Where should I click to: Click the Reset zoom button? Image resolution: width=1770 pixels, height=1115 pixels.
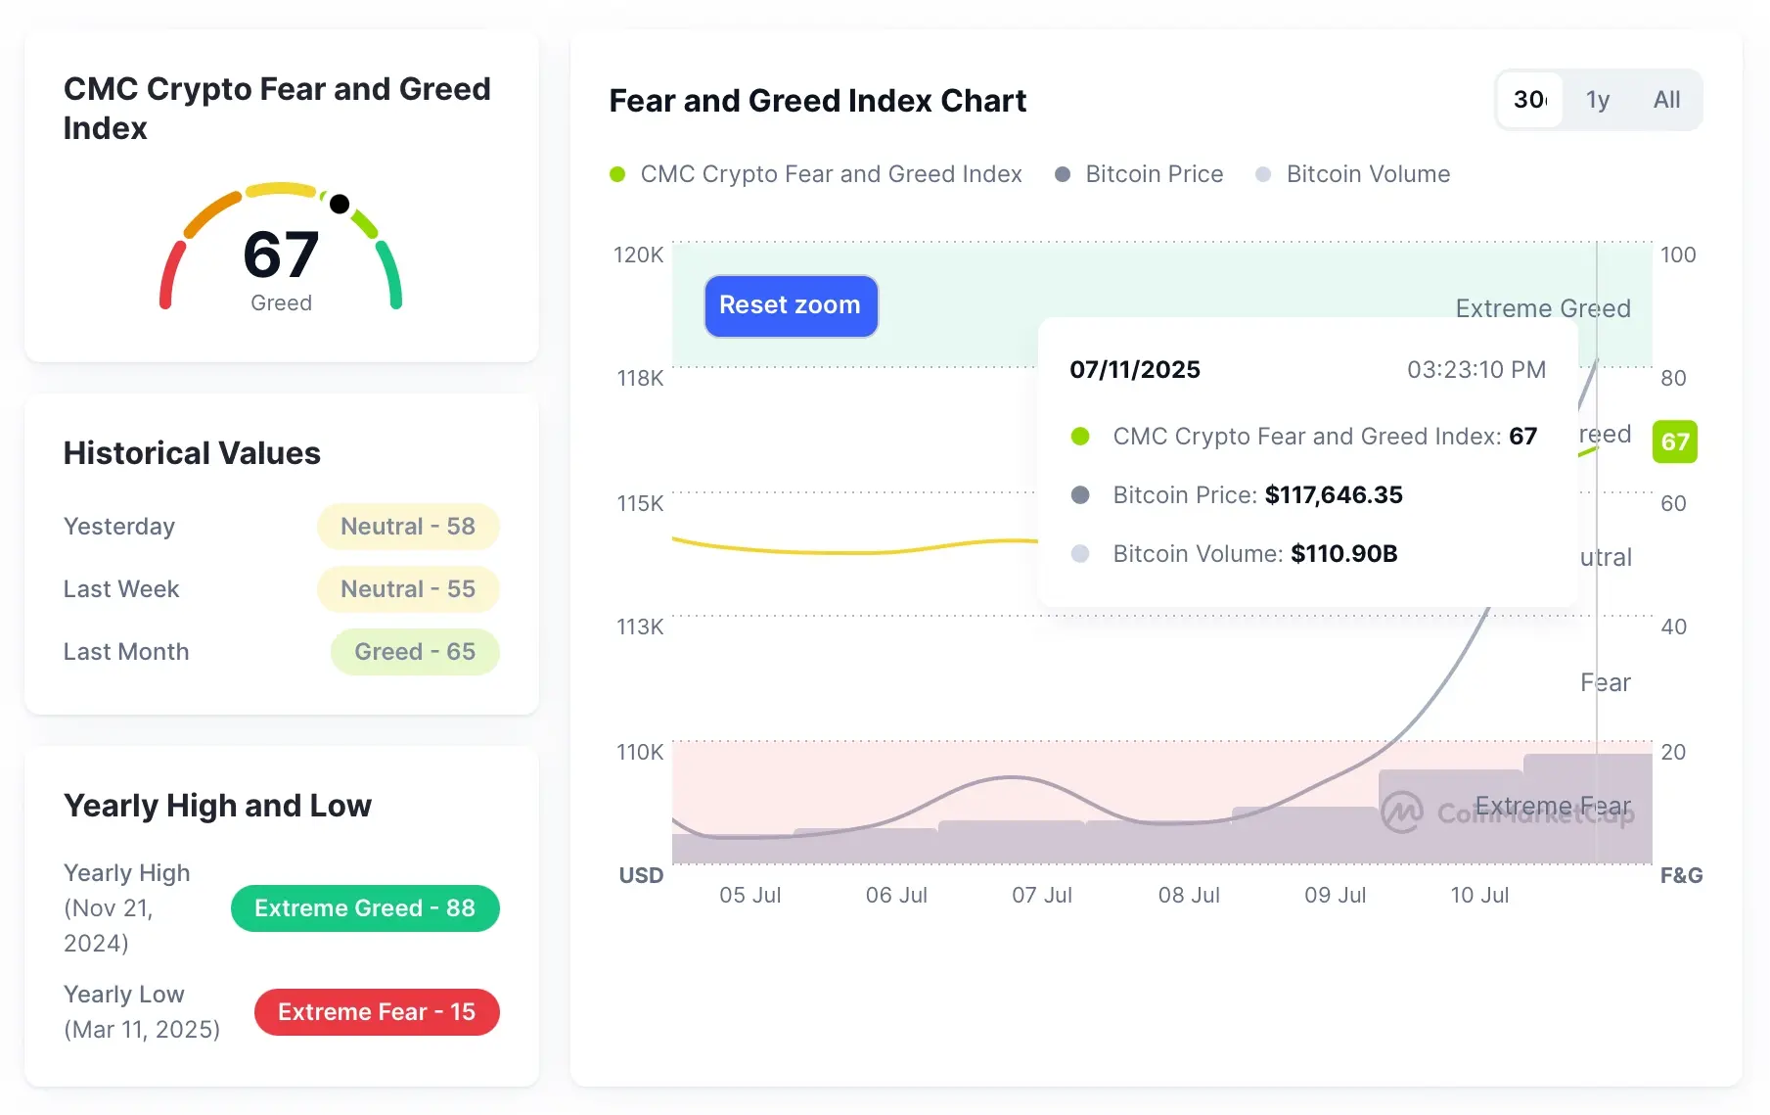click(x=791, y=305)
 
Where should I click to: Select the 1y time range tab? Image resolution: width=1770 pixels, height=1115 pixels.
click(x=1597, y=100)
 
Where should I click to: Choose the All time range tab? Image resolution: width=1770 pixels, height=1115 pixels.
click(x=1666, y=100)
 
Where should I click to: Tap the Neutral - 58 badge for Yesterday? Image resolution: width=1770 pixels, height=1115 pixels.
click(x=407, y=527)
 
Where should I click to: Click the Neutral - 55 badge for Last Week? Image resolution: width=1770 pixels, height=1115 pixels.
click(x=407, y=589)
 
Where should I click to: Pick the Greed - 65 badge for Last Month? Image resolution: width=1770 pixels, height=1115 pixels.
click(x=414, y=652)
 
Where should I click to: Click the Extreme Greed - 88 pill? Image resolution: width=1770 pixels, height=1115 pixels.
click(x=364, y=908)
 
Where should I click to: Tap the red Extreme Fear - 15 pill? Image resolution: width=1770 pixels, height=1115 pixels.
click(x=376, y=1012)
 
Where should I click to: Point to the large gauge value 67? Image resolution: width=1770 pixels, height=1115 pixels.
click(x=281, y=255)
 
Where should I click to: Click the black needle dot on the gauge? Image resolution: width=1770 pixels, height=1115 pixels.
click(x=340, y=204)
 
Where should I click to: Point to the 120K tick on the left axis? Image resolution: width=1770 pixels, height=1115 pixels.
click(x=638, y=255)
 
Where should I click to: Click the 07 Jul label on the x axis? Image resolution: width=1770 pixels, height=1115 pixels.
click(x=1041, y=895)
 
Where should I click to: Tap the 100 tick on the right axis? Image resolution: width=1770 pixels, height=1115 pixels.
click(x=1677, y=255)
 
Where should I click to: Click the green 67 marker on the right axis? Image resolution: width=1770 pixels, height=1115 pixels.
click(x=1674, y=441)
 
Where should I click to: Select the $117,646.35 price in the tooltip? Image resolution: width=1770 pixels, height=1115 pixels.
click(x=1333, y=495)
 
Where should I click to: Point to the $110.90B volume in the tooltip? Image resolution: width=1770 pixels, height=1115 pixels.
click(x=1343, y=554)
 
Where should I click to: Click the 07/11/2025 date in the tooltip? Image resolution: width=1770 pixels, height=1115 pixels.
click(x=1134, y=370)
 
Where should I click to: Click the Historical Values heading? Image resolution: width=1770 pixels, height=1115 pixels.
click(x=192, y=453)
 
